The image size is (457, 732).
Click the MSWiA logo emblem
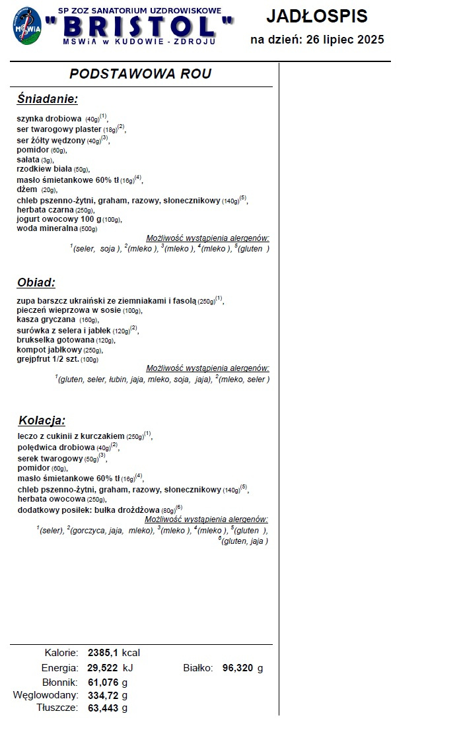click(x=27, y=26)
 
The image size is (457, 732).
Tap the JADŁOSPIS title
click(x=317, y=17)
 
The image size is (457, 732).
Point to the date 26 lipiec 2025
click(x=342, y=40)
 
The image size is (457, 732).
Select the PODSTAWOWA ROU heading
click(x=141, y=73)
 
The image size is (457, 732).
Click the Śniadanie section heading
click(x=47, y=100)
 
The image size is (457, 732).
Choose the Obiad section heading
click(x=36, y=283)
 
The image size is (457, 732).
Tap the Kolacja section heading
click(x=42, y=420)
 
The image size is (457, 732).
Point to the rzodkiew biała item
click(x=53, y=169)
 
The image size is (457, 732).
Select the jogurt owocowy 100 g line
click(x=69, y=219)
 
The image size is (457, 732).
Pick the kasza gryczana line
click(x=57, y=320)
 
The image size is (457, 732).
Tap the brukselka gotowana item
click(x=65, y=340)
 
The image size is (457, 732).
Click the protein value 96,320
click(x=238, y=668)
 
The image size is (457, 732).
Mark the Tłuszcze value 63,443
click(x=103, y=708)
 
